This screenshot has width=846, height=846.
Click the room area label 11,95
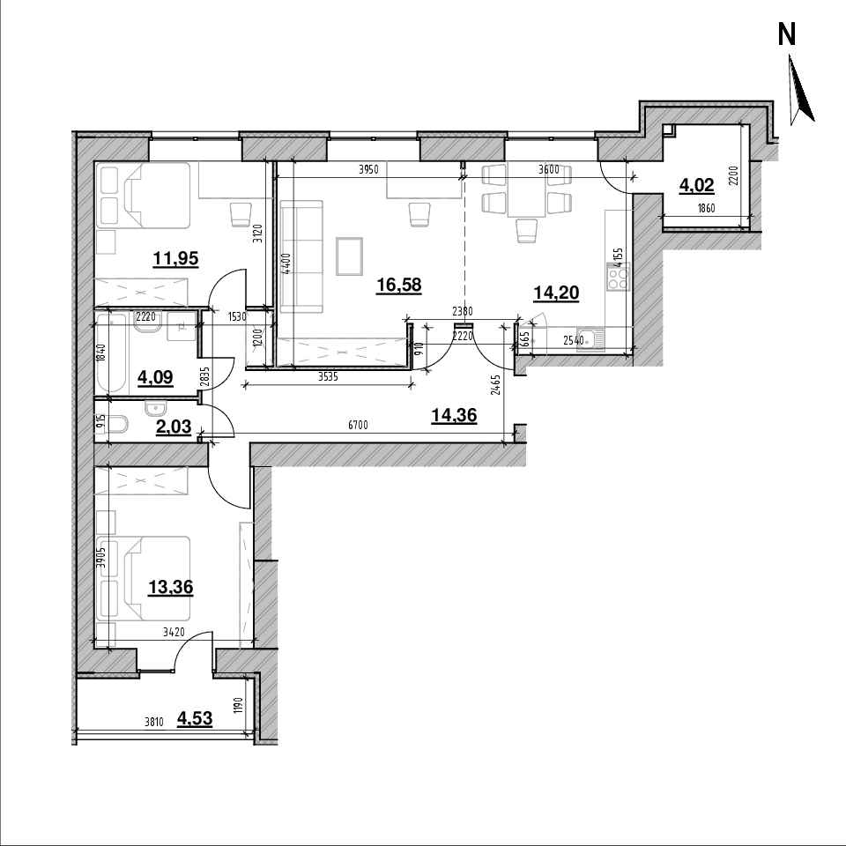[175, 259]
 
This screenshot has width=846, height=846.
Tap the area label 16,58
[398, 285]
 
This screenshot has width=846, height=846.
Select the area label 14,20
[556, 293]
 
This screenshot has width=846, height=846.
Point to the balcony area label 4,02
[696, 186]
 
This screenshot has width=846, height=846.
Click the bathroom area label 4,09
[155, 377]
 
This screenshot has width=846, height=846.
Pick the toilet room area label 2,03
[174, 427]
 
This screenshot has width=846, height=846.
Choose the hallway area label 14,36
[455, 415]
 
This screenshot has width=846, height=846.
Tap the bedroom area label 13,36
[170, 587]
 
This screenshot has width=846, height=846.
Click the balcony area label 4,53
[194, 719]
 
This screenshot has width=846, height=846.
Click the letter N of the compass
[787, 35]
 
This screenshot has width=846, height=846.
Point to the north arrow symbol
[801, 90]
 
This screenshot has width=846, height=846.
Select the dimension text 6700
[358, 425]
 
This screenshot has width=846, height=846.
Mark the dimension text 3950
[369, 169]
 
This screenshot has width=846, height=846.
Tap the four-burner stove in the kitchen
[619, 278]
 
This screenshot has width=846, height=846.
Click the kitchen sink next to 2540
[590, 340]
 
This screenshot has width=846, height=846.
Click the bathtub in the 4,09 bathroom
[112, 353]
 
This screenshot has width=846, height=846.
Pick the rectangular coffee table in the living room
[350, 256]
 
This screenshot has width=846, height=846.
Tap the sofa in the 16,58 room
[301, 256]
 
